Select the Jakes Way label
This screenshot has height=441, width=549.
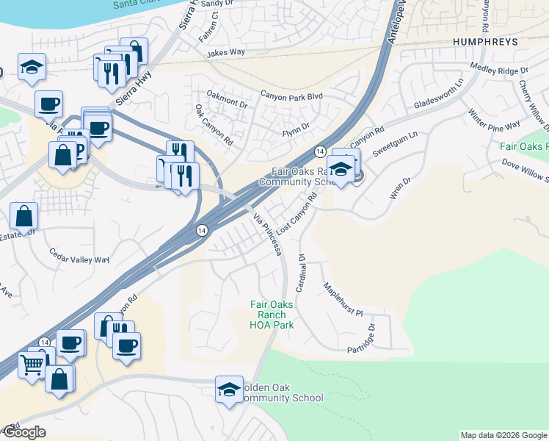pyautogui.click(x=225, y=53)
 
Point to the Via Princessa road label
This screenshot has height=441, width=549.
pyautogui.click(x=268, y=234)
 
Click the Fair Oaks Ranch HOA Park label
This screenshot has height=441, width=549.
pyautogui.click(x=272, y=315)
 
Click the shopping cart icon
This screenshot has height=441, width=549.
pyautogui.click(x=32, y=362)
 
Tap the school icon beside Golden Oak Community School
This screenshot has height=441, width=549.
pyautogui.click(x=229, y=390)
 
